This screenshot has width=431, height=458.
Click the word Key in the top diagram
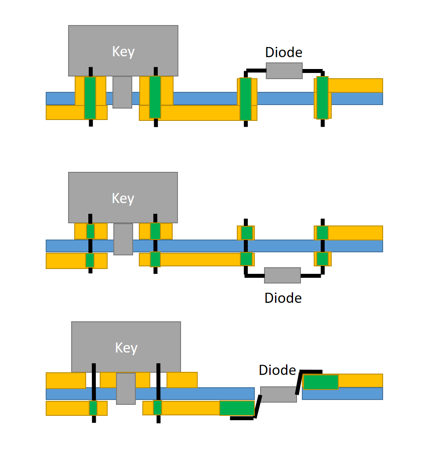[123, 51]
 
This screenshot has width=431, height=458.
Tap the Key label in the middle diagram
[123, 198]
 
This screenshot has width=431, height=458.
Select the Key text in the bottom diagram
[126, 348]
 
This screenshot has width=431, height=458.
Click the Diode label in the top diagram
[284, 53]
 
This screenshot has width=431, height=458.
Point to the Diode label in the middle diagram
[283, 298]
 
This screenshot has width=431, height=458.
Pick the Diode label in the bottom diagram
[277, 370]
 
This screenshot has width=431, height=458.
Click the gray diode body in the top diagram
[284, 71]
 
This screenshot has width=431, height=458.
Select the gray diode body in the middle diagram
[283, 275]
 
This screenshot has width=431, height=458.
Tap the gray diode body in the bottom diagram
[278, 394]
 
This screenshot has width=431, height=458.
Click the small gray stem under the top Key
[122, 92]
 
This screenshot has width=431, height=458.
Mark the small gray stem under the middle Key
[123, 239]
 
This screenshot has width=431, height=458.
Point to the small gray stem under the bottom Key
[126, 389]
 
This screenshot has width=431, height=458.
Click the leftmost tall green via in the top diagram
[90, 98]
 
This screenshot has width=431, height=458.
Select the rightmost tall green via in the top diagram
[322, 98]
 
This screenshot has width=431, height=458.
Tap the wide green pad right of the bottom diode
[321, 382]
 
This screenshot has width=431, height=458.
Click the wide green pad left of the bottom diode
[237, 408]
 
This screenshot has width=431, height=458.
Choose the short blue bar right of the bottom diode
[342, 393]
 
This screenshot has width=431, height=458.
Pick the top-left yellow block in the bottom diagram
[66, 380]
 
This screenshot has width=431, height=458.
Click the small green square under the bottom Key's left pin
[93, 408]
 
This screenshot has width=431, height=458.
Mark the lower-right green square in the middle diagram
[322, 259]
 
